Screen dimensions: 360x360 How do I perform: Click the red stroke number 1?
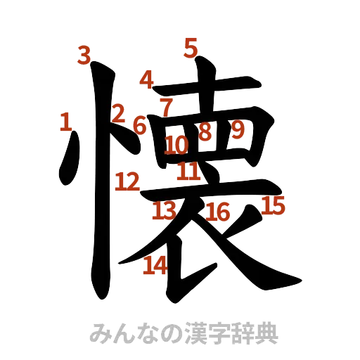coord(65,123)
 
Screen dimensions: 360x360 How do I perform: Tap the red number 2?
coord(118,112)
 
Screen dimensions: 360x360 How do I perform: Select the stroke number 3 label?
coord(84,55)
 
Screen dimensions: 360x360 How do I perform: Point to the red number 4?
coord(147,79)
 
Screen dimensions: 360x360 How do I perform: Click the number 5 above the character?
coord(189,48)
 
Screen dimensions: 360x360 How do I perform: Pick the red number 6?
coord(139,125)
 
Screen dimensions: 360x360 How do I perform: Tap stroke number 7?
coord(166,107)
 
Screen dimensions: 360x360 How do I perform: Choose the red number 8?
coord(205,131)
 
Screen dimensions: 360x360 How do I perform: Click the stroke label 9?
coord(238,130)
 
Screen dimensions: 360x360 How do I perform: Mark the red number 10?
coord(176,146)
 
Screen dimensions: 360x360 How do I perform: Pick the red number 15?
coord(274,206)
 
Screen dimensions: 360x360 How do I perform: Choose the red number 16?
coord(219,212)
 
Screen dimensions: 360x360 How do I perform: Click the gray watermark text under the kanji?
coord(185,334)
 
